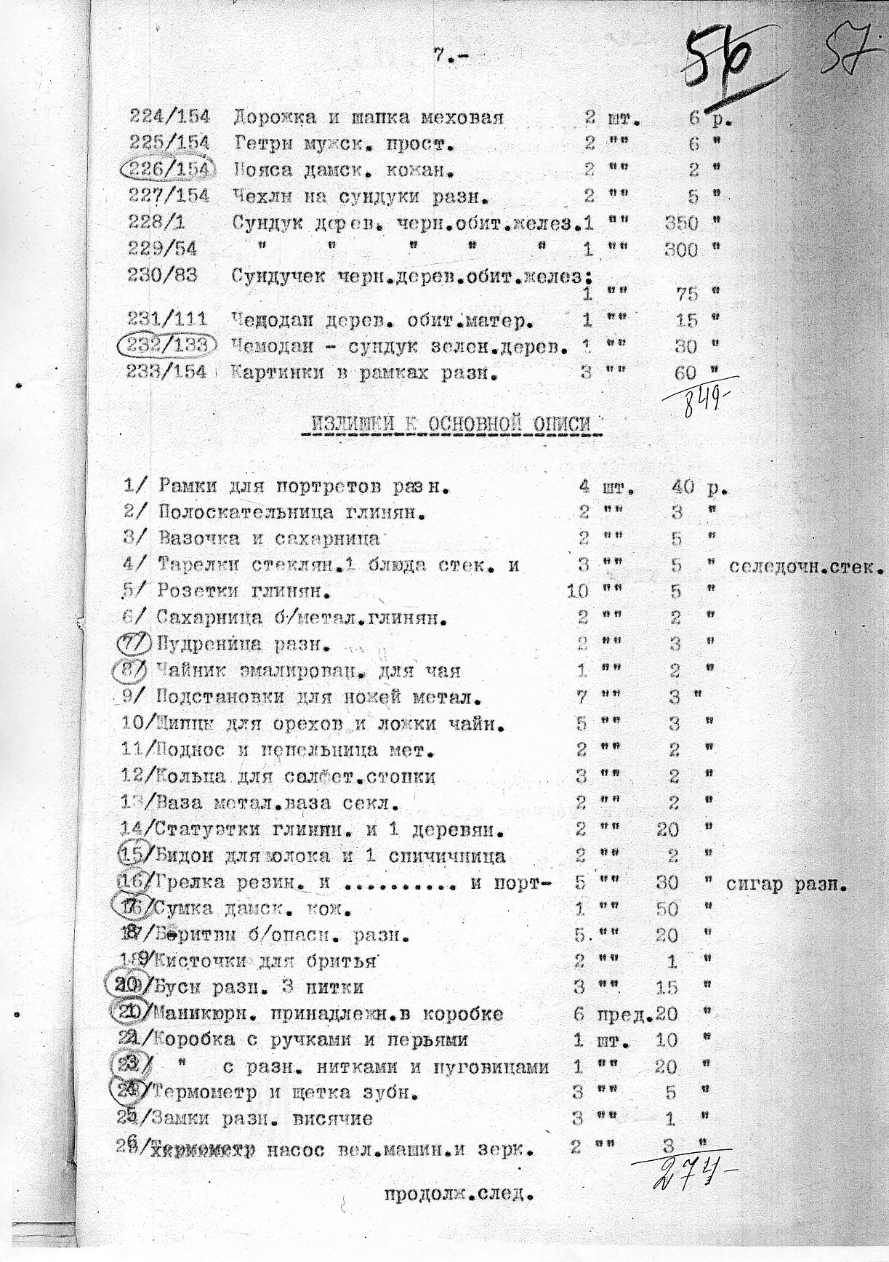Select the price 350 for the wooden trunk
pos(681,223)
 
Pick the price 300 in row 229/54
pos(681,250)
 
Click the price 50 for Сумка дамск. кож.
pos(667,908)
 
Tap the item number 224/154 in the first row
pos(169,116)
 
